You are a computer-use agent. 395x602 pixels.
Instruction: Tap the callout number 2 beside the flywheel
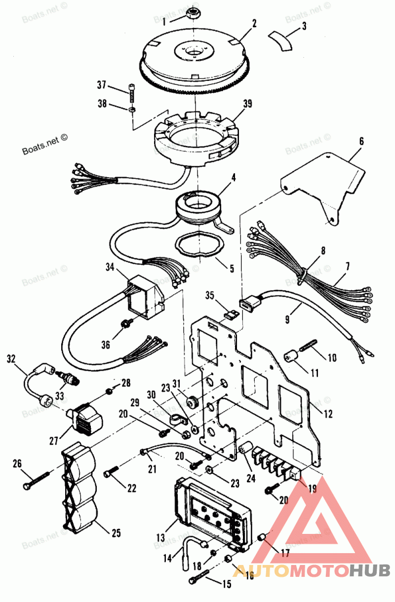254,23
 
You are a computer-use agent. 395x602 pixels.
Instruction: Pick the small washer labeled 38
132,109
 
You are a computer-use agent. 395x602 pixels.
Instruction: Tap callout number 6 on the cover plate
361,141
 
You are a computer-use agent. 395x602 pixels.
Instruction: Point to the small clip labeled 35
229,312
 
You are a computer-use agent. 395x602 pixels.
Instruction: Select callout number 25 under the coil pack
115,532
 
